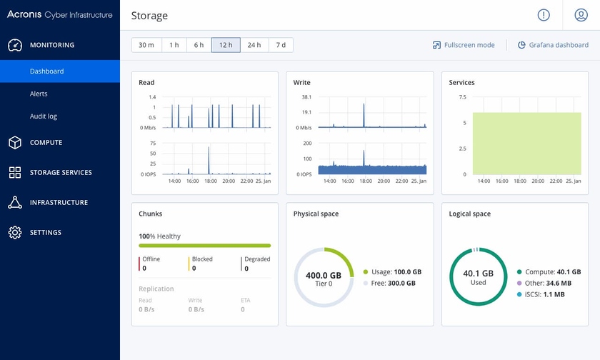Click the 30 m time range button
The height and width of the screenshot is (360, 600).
pyautogui.click(x=146, y=45)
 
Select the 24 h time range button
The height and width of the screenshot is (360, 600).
pyautogui.click(x=254, y=45)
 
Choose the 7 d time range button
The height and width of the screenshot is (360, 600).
pyautogui.click(x=281, y=45)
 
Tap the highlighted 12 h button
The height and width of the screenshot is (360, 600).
pyautogui.click(x=226, y=45)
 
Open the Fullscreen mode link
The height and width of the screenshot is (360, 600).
pyautogui.click(x=464, y=45)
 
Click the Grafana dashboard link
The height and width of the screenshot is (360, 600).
pyautogui.click(x=553, y=45)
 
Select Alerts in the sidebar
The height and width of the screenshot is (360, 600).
pyautogui.click(x=39, y=94)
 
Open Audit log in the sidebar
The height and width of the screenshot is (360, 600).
pyautogui.click(x=43, y=116)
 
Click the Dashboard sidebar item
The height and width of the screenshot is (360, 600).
pyautogui.click(x=46, y=71)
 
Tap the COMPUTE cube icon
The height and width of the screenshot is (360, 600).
pyautogui.click(x=15, y=143)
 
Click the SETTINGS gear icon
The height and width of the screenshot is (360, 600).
pyautogui.click(x=15, y=233)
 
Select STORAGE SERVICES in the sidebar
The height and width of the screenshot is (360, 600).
pyautogui.click(x=61, y=173)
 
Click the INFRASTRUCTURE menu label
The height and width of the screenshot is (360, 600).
pyautogui.click(x=59, y=203)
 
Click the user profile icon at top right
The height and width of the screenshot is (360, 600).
pyautogui.click(x=581, y=15)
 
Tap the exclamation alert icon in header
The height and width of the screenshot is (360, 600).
pyautogui.click(x=544, y=15)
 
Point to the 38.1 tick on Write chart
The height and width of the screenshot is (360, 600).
pyautogui.click(x=306, y=96)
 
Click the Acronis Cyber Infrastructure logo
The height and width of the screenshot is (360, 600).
pyautogui.click(x=59, y=14)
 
